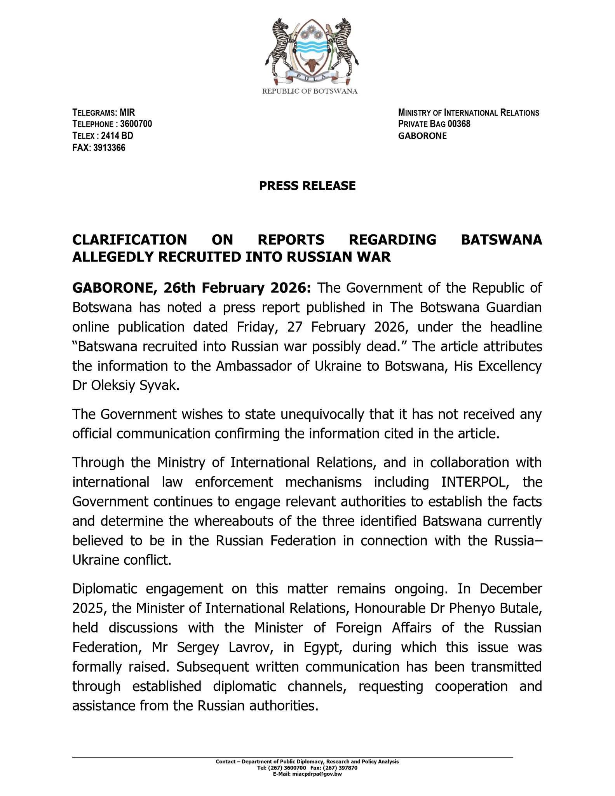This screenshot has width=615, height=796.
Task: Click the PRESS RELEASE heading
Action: (307, 186)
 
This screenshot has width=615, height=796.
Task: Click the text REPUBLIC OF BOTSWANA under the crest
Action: (310, 92)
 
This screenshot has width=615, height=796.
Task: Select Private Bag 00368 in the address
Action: (434, 124)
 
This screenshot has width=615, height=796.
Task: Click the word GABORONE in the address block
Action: (423, 136)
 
